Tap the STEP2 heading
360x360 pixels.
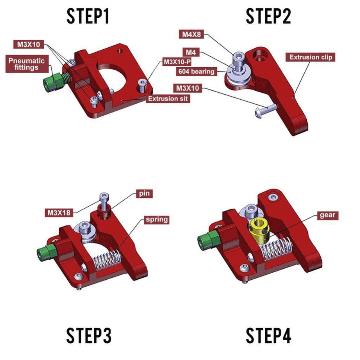point(268,17)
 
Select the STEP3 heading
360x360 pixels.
point(88,336)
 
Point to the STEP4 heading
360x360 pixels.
point(268,336)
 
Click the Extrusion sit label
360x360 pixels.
point(168,99)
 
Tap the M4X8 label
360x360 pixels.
point(192,34)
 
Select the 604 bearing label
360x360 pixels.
point(196,71)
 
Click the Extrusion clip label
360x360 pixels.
point(311,57)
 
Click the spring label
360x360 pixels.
point(156,219)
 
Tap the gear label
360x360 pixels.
point(327,216)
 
